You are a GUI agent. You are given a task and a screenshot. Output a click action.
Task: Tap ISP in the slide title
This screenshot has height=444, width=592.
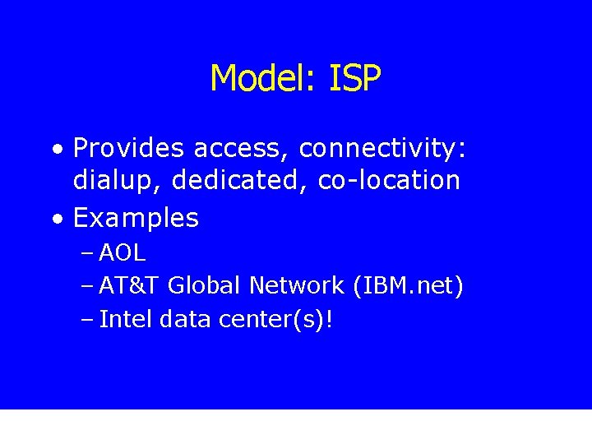pyautogui.click(x=354, y=79)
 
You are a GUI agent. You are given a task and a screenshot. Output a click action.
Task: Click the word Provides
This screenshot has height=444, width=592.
pyautogui.click(x=128, y=149)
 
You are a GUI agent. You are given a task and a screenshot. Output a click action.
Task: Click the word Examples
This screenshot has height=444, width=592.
pyautogui.click(x=136, y=218)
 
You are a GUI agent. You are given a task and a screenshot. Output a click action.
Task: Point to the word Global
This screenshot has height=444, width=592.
pyautogui.click(x=205, y=286)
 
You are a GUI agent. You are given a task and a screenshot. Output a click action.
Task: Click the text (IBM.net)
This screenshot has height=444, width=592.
pyautogui.click(x=408, y=286)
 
